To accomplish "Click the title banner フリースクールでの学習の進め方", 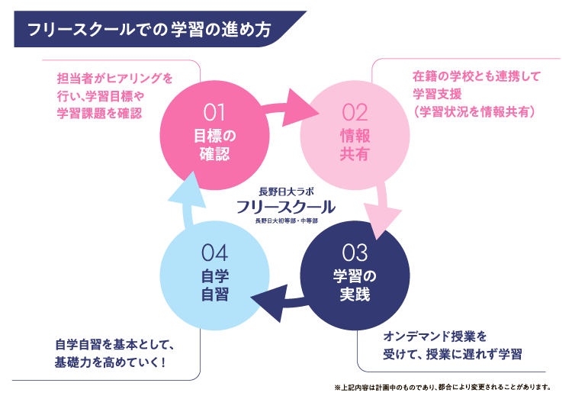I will [x=149, y=30].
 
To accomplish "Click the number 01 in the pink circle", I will [x=214, y=113].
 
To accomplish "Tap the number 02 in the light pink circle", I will [x=355, y=113].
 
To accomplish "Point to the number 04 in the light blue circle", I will [x=214, y=253].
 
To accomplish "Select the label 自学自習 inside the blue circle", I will [x=214, y=285].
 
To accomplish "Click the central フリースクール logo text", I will [x=285, y=207].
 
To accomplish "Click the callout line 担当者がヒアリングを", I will [x=114, y=78].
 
